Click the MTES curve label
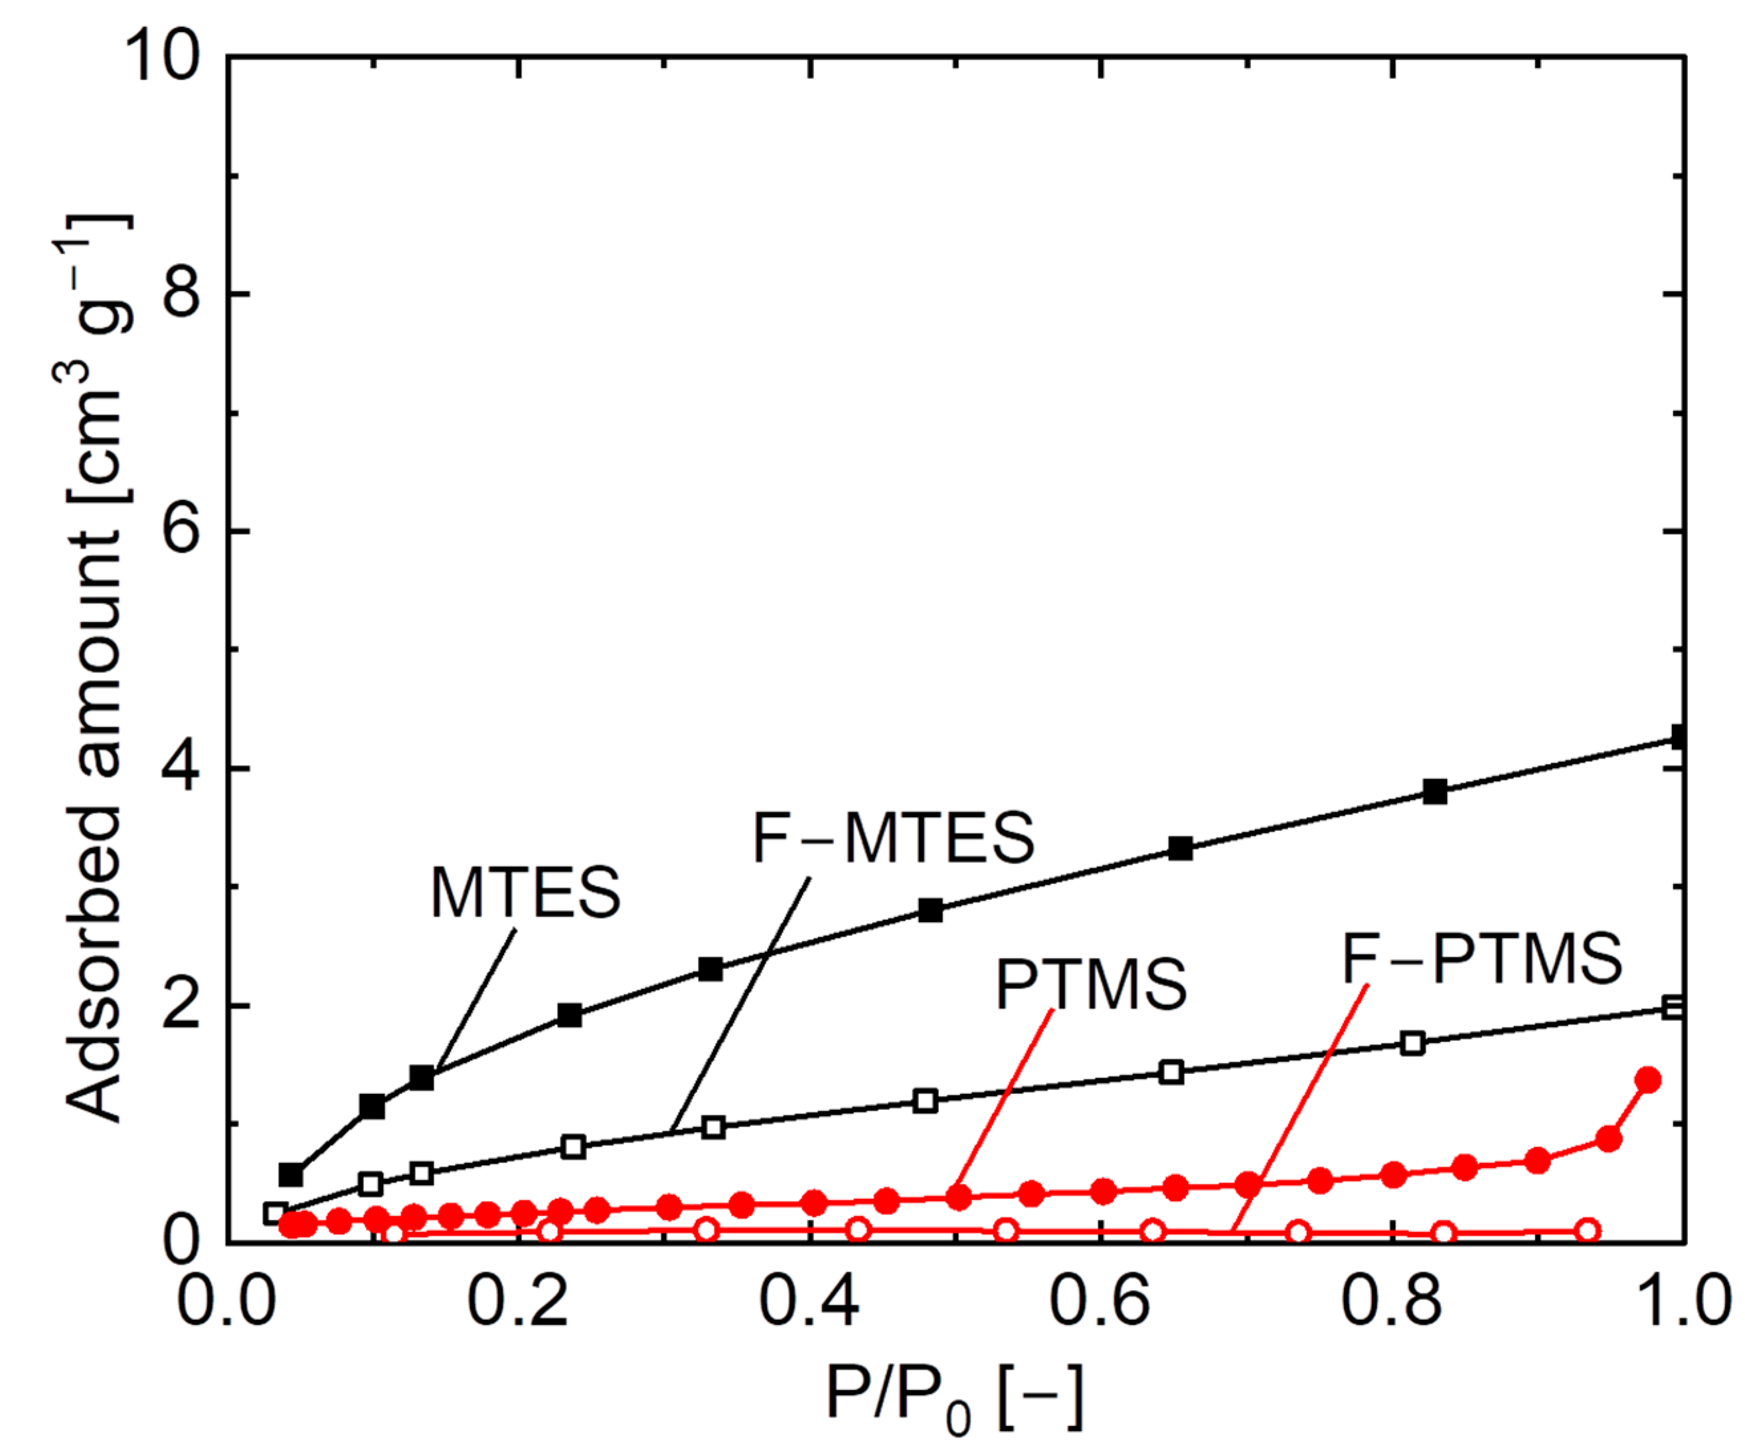pos(525,893)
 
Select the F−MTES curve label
pos(893,838)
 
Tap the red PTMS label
pos(1091,985)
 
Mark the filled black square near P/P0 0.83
pos(1435,791)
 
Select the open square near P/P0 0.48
pos(925,1101)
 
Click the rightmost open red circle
pos(1588,1231)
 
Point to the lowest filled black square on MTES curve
pos(291,1175)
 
